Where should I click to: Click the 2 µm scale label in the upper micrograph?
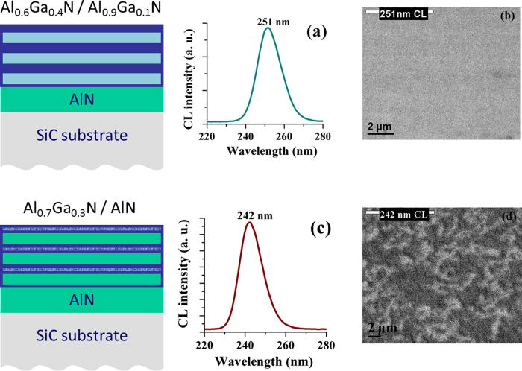click(383, 127)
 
